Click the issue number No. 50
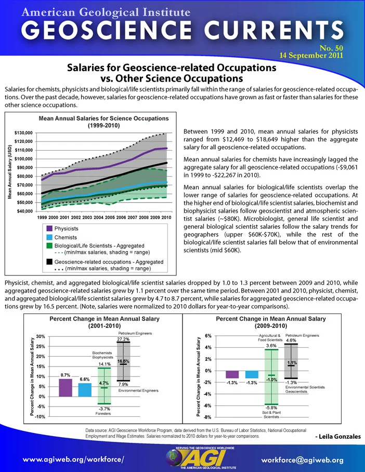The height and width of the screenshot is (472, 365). click(x=331, y=48)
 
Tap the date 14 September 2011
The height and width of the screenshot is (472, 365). click(x=311, y=56)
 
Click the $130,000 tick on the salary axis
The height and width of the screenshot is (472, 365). click(x=23, y=133)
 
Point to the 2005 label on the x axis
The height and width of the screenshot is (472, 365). click(x=110, y=217)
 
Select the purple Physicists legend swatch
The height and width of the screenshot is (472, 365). click(x=49, y=229)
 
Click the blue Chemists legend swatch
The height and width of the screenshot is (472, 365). click(x=49, y=238)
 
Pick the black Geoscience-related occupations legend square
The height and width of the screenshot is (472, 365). click(x=49, y=262)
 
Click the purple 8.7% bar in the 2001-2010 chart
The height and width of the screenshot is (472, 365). click(x=66, y=388)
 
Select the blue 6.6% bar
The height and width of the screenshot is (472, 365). click(x=85, y=390)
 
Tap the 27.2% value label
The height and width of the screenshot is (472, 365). click(x=123, y=339)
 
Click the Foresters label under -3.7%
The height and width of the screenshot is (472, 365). click(x=103, y=414)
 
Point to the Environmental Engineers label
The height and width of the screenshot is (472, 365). click(x=138, y=390)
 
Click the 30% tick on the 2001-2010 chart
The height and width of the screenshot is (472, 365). click(x=41, y=336)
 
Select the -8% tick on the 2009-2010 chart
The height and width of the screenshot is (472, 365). click(x=208, y=417)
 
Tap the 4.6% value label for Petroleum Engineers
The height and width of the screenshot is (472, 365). click(x=291, y=340)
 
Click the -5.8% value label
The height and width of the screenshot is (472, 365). click(x=271, y=408)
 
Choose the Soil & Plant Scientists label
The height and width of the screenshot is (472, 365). click(x=271, y=414)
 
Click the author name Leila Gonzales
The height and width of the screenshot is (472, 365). click(x=340, y=437)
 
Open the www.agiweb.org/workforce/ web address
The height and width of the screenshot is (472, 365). click(x=73, y=460)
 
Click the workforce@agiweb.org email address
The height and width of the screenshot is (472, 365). click(x=302, y=460)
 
